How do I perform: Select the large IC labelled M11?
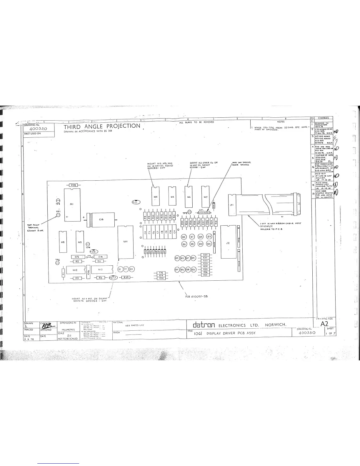[126, 242]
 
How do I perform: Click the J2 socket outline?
[228, 243]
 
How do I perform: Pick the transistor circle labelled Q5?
[184, 237]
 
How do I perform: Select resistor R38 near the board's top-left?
[73, 185]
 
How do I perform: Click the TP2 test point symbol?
[190, 212]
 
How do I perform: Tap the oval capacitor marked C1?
[136, 202]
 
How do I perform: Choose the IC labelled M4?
[156, 196]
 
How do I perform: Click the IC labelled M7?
[205, 196]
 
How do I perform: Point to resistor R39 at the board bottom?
[126, 277]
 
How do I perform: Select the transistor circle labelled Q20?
[194, 269]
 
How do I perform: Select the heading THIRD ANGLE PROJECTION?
[102, 126]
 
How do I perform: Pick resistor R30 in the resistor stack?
[206, 255]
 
